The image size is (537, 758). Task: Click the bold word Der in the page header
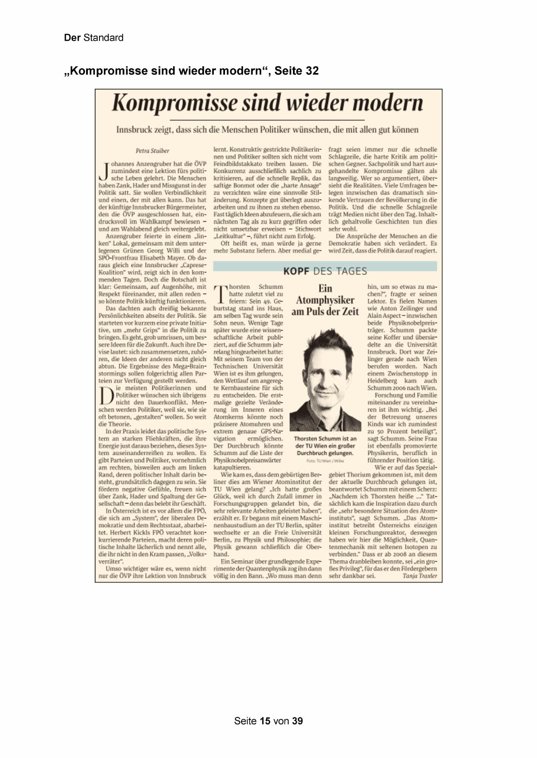click(x=72, y=38)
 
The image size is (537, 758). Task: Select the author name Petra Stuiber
click(x=152, y=151)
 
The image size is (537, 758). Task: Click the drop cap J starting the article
click(x=103, y=171)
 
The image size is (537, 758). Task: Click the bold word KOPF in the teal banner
click(x=296, y=271)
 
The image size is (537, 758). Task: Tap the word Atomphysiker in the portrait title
click(x=325, y=300)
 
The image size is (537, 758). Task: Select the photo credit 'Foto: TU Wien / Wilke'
click(x=325, y=461)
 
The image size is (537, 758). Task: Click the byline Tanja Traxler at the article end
click(x=419, y=576)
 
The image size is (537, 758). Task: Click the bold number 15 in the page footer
click(x=265, y=721)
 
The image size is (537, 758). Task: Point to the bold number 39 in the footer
click(x=297, y=721)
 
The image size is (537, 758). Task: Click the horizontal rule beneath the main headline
click(x=267, y=119)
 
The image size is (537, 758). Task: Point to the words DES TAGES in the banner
click(x=340, y=271)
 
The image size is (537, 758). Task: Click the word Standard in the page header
click(x=103, y=38)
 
